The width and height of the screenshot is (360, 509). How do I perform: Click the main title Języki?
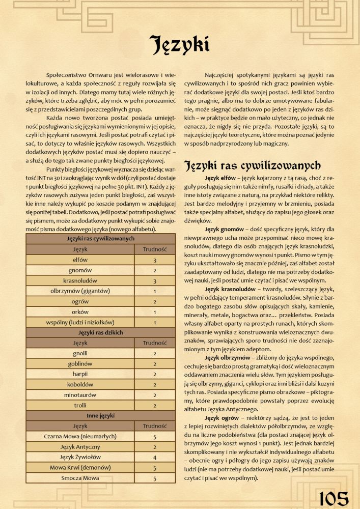(x=179, y=44)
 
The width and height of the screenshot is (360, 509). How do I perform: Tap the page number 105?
(x=334, y=498)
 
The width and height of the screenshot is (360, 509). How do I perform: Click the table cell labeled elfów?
(x=80, y=260)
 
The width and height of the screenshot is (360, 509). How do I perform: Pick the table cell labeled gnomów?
(x=80, y=270)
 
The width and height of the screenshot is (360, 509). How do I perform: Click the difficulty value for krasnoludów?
(x=154, y=280)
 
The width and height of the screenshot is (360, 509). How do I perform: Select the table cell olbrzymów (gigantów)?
(x=80, y=291)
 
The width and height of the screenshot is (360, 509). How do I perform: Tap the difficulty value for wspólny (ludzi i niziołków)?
(x=154, y=322)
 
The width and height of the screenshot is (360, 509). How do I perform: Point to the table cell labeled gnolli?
(x=80, y=353)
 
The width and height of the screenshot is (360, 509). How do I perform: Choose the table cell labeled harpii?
(x=80, y=374)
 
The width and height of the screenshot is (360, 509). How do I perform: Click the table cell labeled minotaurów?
(x=80, y=394)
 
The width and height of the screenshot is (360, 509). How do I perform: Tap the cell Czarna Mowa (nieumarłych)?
(x=80, y=436)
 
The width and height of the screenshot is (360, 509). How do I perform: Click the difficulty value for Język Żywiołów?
(x=154, y=457)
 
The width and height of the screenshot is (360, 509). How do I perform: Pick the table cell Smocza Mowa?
(x=80, y=478)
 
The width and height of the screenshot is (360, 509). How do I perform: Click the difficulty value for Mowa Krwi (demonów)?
(x=154, y=467)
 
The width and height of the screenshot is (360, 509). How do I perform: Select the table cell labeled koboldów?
(x=80, y=384)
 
